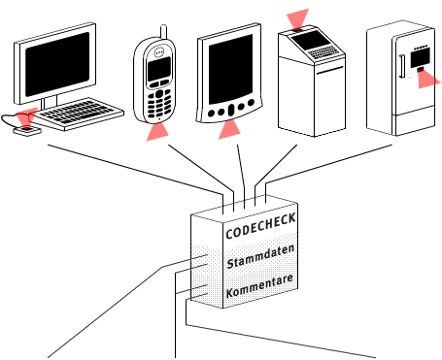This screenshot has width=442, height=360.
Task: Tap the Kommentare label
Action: (x=258, y=290)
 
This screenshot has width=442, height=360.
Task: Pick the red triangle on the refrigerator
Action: (x=427, y=77)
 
